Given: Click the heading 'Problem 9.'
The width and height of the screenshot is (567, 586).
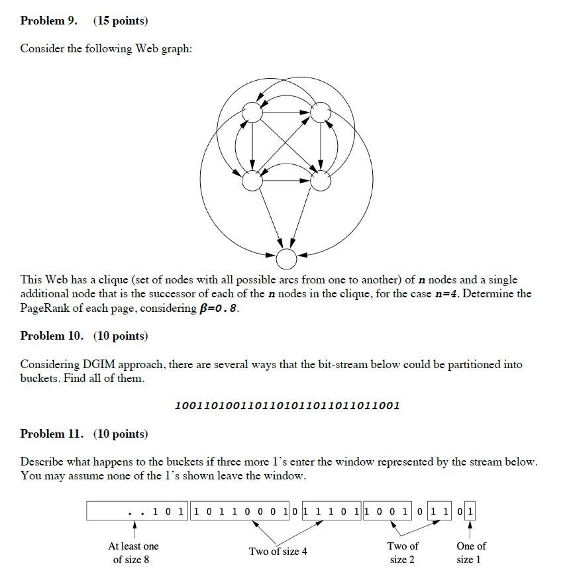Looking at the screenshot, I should pyautogui.click(x=48, y=21).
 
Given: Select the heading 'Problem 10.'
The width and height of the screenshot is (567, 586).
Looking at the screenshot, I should pyautogui.click(x=52, y=336).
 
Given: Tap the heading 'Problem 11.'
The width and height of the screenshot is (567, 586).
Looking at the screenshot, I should pyautogui.click(x=52, y=434).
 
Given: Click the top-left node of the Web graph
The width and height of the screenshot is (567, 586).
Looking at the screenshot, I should pyautogui.click(x=252, y=113).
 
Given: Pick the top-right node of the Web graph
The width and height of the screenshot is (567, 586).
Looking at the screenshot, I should pyautogui.click(x=321, y=113).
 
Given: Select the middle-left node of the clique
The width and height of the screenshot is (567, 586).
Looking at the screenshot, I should pyautogui.click(x=252, y=181).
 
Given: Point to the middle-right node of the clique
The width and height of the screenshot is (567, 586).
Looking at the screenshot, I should pyautogui.click(x=321, y=181).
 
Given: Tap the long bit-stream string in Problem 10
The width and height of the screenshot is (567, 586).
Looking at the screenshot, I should pyautogui.click(x=285, y=405).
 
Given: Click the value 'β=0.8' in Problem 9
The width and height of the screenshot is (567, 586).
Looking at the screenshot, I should pyautogui.click(x=216, y=309).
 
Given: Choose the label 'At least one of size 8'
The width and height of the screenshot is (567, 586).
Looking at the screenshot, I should pyautogui.click(x=133, y=553).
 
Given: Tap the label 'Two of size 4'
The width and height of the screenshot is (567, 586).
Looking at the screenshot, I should pyautogui.click(x=278, y=552).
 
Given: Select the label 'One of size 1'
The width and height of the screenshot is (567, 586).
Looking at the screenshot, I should pyautogui.click(x=471, y=553).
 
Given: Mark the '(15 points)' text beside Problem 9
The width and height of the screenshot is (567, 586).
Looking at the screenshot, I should pyautogui.click(x=121, y=21).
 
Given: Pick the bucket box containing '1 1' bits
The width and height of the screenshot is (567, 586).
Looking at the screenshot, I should pyautogui.click(x=440, y=511).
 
